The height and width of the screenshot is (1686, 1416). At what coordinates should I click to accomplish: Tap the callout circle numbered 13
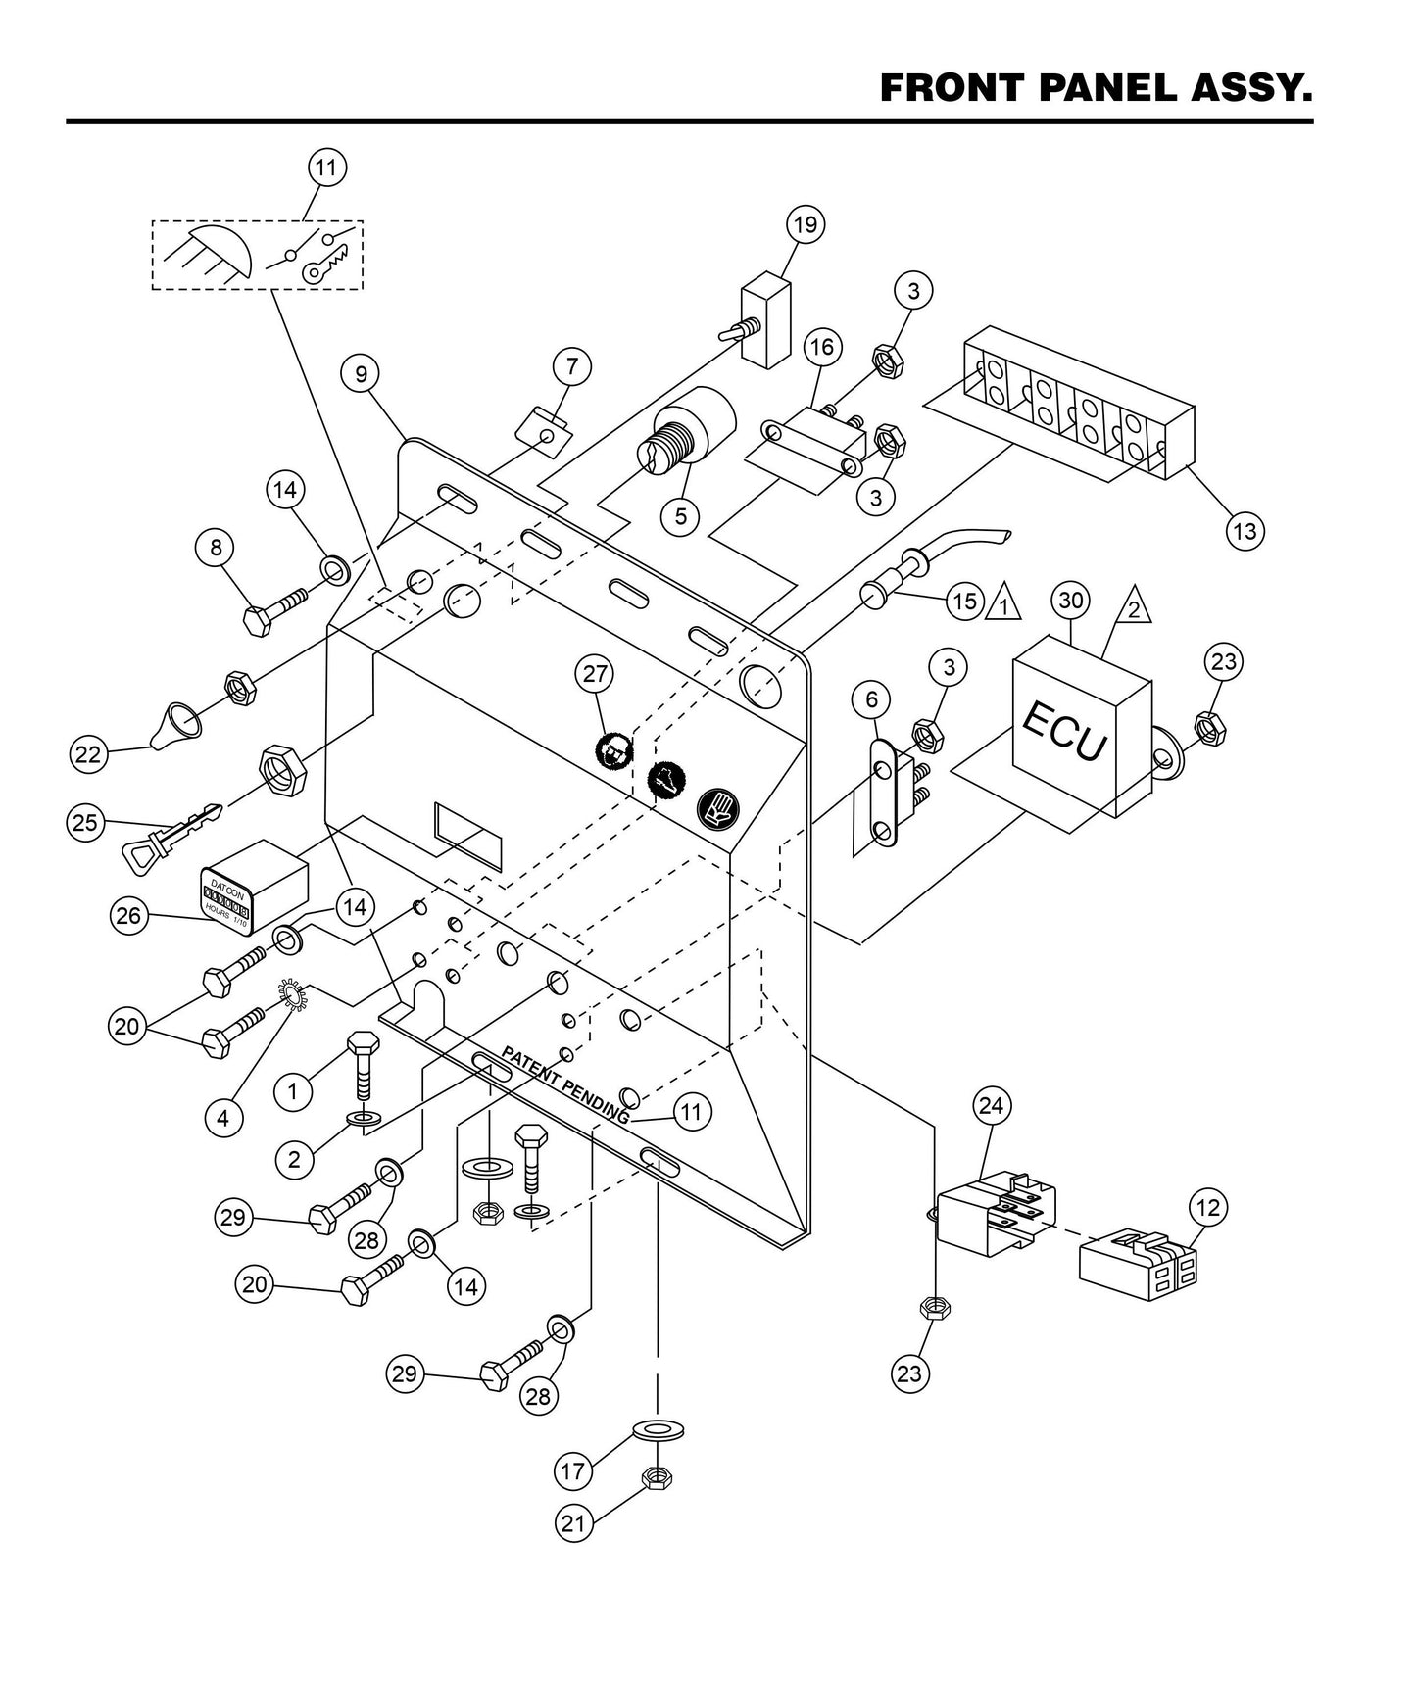point(1244,531)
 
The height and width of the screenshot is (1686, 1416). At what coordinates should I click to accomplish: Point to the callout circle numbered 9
point(361,373)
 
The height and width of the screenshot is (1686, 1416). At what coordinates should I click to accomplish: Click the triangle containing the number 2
point(1132,605)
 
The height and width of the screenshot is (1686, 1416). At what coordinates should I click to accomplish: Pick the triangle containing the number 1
point(1003,602)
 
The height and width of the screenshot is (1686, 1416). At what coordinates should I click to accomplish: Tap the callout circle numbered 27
point(596,674)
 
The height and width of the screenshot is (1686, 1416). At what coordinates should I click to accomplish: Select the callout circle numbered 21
point(574,1522)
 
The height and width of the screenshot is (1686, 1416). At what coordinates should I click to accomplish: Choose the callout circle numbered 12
point(1208,1208)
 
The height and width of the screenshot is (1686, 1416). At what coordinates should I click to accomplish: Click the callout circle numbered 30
point(1071,600)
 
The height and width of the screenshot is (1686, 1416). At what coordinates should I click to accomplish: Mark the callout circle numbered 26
point(128,916)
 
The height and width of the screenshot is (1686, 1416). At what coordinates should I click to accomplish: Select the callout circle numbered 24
point(992,1106)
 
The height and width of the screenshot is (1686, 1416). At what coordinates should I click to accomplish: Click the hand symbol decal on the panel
point(718,807)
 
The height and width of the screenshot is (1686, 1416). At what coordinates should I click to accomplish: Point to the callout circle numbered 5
point(680,515)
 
